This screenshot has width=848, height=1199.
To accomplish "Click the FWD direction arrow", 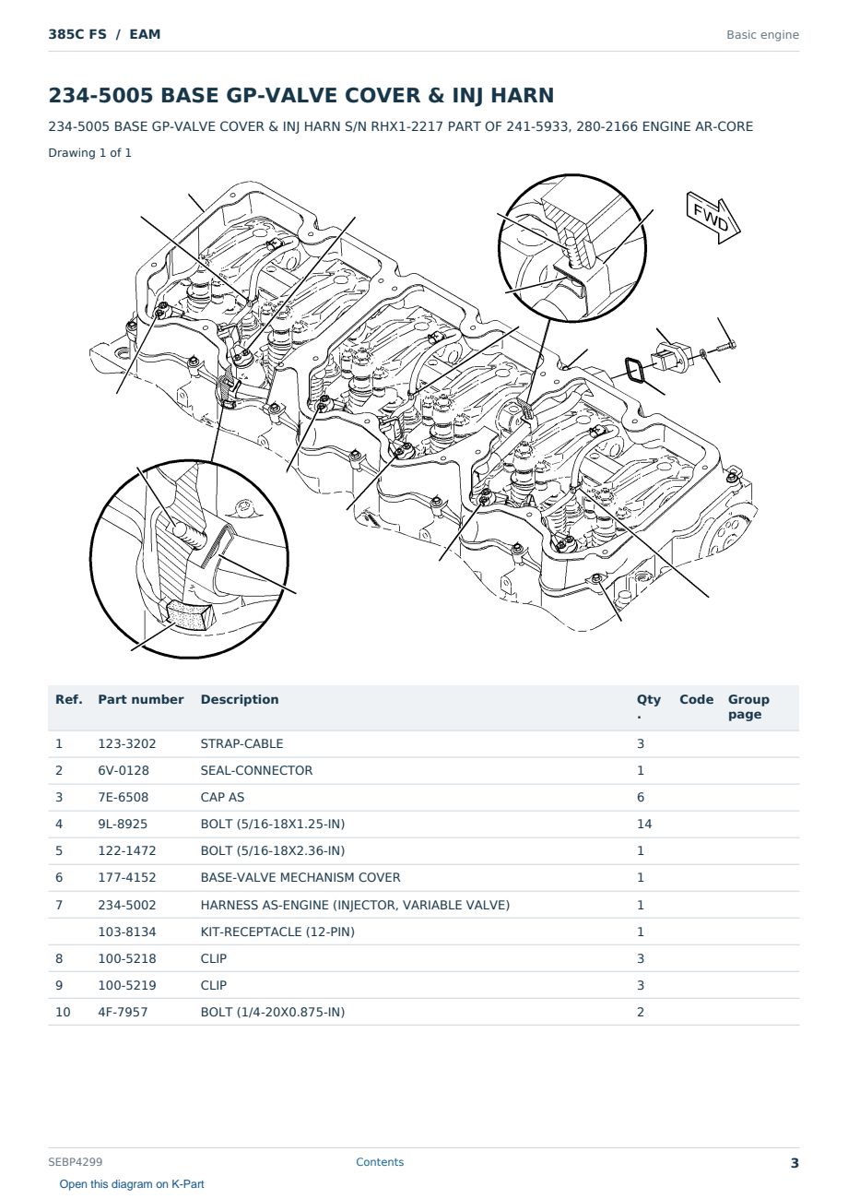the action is point(713,217).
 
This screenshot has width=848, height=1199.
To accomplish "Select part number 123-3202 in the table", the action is point(126,743).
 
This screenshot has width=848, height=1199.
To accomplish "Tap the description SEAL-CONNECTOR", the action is point(256,770).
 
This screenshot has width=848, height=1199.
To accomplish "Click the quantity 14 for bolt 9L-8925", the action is point(644,824).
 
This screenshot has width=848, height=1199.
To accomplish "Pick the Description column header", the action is point(239,699).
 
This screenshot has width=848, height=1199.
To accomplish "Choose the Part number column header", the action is point(141,699).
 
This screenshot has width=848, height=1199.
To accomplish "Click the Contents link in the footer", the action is point(380,1161).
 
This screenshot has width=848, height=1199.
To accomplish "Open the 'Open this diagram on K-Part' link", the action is point(132,1184).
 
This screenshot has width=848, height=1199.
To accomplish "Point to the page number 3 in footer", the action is point(795,1163).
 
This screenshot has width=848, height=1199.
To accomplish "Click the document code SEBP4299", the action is point(76,1161).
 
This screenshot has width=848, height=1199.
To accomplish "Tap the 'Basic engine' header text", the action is point(762,35).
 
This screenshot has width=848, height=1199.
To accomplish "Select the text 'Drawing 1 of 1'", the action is point(90,153).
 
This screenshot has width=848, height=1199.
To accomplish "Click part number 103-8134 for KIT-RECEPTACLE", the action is point(127,932).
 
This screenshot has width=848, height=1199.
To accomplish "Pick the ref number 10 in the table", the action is point(63,1012).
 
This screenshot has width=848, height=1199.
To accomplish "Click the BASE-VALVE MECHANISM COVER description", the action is point(300,877).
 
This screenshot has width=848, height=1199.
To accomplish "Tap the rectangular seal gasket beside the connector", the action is point(637,370).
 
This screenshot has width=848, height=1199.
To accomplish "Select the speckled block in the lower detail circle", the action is point(187,614).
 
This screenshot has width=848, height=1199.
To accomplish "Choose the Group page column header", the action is point(748,706).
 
